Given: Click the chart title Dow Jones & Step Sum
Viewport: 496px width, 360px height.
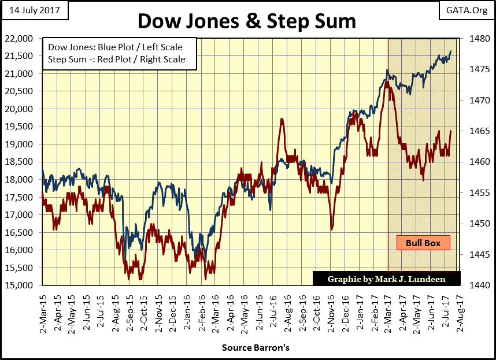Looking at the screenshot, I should coord(247,21).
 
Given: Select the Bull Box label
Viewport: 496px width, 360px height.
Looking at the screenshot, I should coord(423,243).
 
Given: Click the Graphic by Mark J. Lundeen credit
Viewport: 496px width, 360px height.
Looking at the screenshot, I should coord(386,279).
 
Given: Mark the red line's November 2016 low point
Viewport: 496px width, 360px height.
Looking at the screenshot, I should coord(332,229).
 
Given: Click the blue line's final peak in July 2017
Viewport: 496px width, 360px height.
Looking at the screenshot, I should coord(451,51).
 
